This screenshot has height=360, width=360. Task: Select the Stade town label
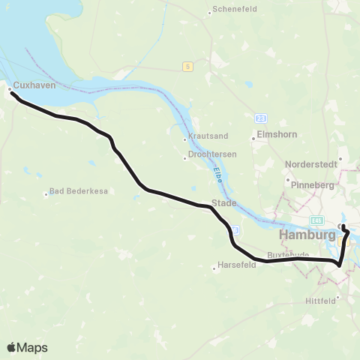tap(223, 203)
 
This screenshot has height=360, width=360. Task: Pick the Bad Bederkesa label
tap(73, 190)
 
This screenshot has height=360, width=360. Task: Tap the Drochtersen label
tap(212, 157)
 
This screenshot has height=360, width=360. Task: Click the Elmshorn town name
tap(273, 135)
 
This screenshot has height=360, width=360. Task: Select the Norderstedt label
tap(310, 163)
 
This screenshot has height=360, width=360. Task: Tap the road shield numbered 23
tap(260, 118)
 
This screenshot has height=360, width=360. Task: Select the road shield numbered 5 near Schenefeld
tap(186, 67)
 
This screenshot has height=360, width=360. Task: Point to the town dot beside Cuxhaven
tap(9, 88)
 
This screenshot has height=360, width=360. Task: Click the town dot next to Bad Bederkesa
tap(46, 194)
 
